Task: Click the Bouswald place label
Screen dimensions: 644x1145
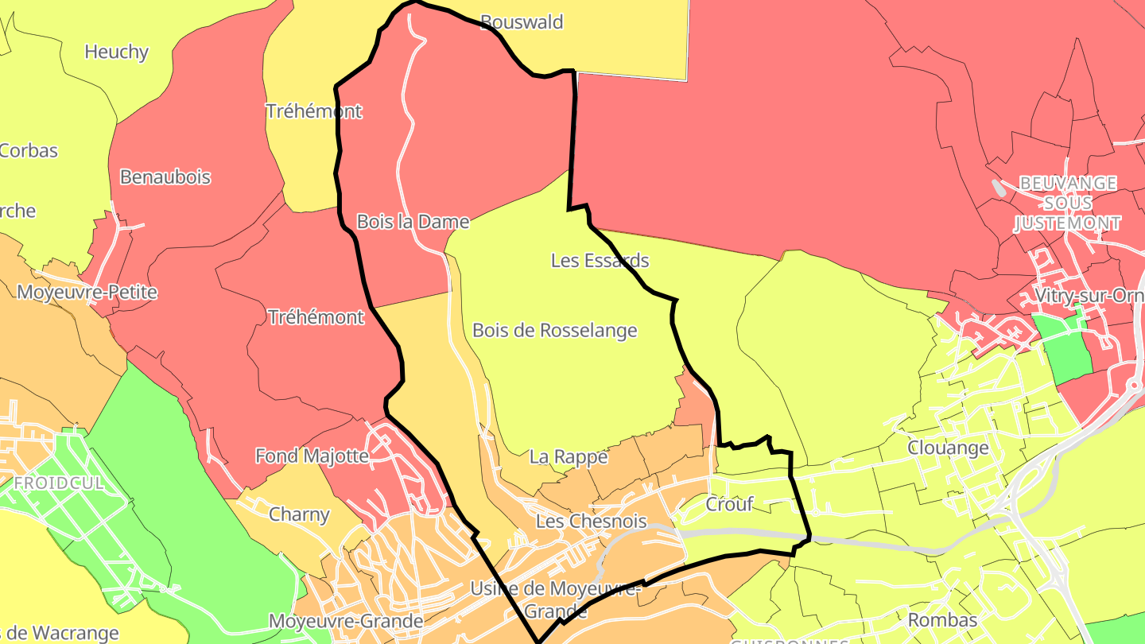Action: click(522, 22)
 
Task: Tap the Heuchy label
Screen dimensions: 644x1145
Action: click(116, 52)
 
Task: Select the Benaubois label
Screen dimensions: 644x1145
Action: click(165, 177)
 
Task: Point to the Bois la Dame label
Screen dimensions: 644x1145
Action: click(413, 222)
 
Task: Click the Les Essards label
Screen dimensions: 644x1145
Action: click(600, 261)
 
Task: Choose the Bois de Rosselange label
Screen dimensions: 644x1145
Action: click(554, 330)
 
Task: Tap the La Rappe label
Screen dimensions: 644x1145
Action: click(568, 457)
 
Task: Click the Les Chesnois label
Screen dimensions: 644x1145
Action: click(591, 522)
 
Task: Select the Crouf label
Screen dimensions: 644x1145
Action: click(729, 504)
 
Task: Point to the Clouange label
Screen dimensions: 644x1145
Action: click(948, 448)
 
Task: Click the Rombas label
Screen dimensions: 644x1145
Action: click(941, 619)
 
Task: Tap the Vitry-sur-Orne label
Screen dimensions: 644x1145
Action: click(1089, 296)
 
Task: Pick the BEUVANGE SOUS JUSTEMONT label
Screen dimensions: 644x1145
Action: click(1067, 204)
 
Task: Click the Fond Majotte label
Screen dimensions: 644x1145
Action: click(312, 456)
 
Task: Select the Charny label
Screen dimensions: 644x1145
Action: click(299, 514)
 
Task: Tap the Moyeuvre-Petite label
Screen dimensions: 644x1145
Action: click(87, 293)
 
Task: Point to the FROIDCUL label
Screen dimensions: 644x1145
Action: click(58, 483)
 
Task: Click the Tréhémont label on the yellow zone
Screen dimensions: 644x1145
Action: click(313, 111)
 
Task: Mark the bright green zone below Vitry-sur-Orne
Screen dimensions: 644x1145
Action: click(1065, 350)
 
